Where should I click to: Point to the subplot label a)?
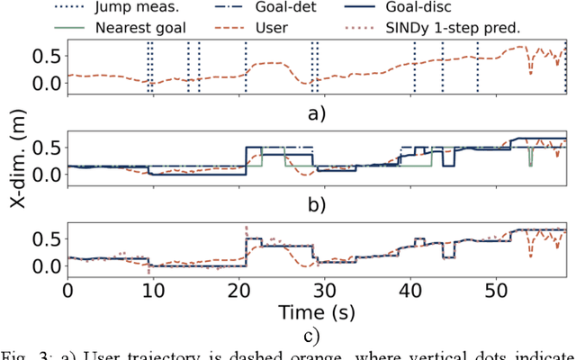coord(314,113)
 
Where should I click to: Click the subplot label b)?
coord(314,204)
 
